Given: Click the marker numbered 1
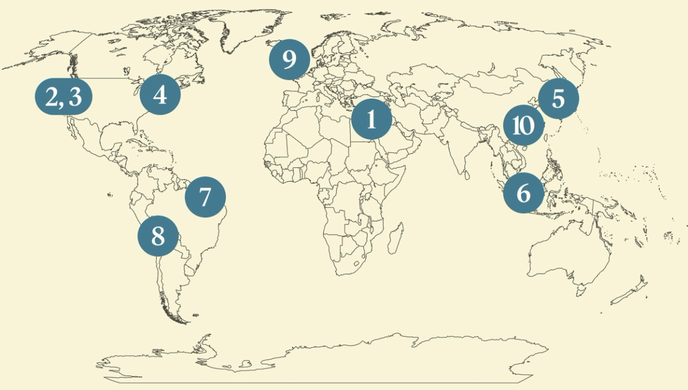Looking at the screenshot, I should pyautogui.click(x=371, y=119).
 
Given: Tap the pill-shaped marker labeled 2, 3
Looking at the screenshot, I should pyautogui.click(x=63, y=96).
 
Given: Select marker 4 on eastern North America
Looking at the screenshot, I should pyautogui.click(x=160, y=94).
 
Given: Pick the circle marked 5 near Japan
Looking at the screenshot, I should pyautogui.click(x=558, y=98).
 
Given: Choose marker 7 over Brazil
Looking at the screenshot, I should pyautogui.click(x=205, y=196).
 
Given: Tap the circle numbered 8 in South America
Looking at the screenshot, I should pyautogui.click(x=158, y=236).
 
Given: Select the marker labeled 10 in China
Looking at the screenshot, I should pyautogui.click(x=523, y=126).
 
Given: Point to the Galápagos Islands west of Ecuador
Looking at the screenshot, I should pyautogui.click(x=110, y=195).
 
